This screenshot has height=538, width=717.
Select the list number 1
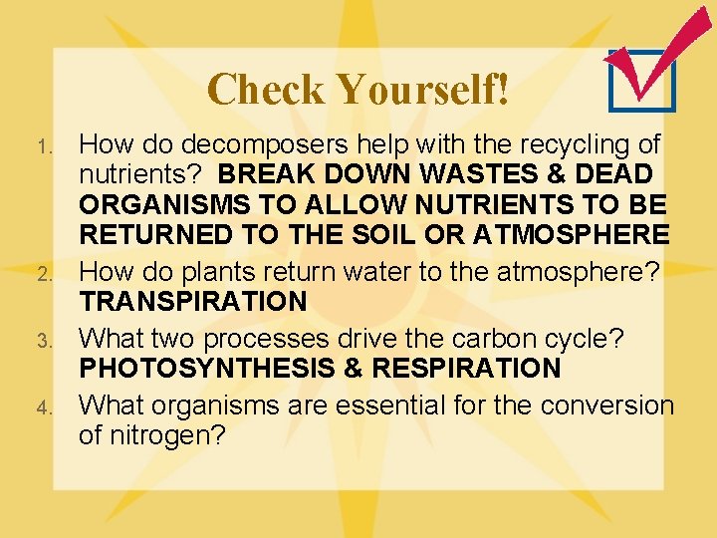click(42, 148)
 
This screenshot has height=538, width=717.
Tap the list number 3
click(42, 341)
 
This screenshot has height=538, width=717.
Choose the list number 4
click(42, 407)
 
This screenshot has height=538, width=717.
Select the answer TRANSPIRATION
click(192, 301)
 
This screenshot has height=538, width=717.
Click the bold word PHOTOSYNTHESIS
click(206, 369)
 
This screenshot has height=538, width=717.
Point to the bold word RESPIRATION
click(466, 369)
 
